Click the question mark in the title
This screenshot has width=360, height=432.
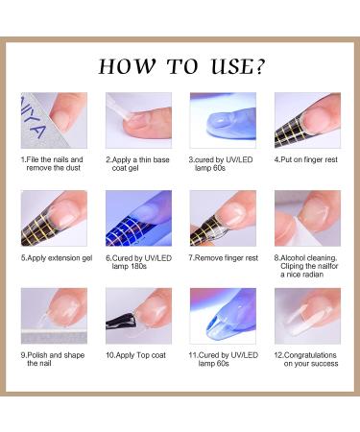[x=259, y=66]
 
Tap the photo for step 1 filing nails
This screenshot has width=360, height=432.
[x=54, y=120]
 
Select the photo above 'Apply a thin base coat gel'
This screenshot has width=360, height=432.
[x=138, y=120]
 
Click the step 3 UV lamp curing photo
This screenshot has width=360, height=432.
[x=223, y=120]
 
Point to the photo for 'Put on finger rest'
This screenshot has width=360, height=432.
[x=307, y=120]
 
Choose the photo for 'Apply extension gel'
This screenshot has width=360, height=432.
[x=54, y=218]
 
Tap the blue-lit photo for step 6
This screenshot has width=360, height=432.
[x=138, y=218]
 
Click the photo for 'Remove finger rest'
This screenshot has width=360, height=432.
[x=223, y=218]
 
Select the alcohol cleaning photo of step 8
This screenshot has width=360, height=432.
[x=307, y=218]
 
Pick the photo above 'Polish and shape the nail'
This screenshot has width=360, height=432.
[x=54, y=316]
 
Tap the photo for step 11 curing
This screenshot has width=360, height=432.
[x=223, y=316]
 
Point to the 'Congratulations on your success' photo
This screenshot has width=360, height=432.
[x=307, y=316]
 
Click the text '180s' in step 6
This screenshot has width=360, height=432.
[x=137, y=267]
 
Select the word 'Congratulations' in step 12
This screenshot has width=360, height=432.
[x=310, y=355]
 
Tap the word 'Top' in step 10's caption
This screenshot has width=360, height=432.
[x=142, y=355]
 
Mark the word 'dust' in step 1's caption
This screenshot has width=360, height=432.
[x=73, y=168]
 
